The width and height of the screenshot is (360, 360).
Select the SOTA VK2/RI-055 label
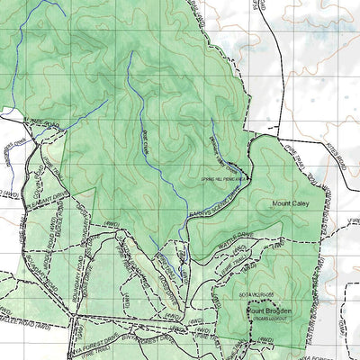point(265,294)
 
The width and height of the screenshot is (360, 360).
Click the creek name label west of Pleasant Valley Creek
point(148,144)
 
